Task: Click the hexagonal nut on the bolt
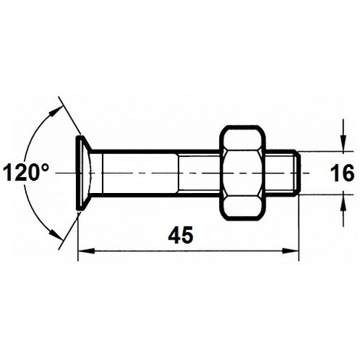244,173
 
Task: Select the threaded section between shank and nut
199,173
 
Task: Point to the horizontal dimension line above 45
188,250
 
